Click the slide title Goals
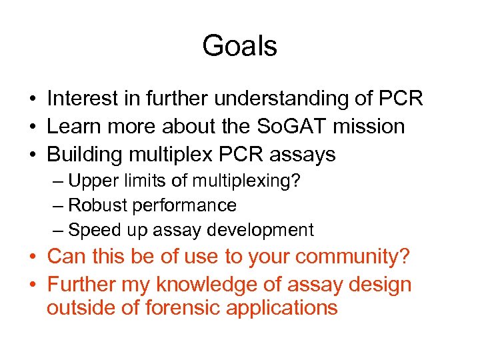[239, 47]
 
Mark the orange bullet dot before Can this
[33, 257]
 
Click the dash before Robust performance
[59, 205]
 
